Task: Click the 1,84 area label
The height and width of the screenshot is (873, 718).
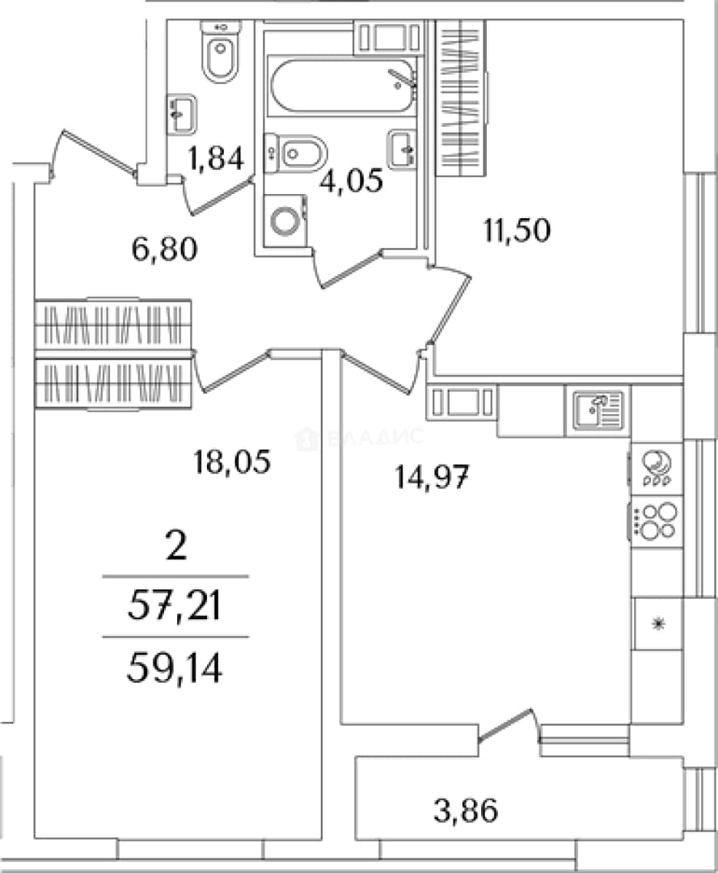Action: pos(216,158)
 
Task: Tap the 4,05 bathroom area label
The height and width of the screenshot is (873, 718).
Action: pos(350,180)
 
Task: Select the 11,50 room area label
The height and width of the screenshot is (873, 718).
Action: pos(517,230)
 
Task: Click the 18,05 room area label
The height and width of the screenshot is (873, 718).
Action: pos(232,462)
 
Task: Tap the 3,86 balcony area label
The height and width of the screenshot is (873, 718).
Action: pos(466,811)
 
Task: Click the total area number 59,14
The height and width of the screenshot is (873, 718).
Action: pos(175,668)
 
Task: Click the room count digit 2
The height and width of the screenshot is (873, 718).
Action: pos(176,546)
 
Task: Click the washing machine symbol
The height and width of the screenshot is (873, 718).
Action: pos(286,219)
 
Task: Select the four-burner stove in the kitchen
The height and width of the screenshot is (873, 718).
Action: pos(656,520)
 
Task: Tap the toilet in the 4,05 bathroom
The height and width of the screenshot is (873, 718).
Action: pos(296,151)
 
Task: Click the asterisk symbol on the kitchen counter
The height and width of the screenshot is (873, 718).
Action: pos(658,623)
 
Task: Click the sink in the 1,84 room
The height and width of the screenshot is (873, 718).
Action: pos(182,114)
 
